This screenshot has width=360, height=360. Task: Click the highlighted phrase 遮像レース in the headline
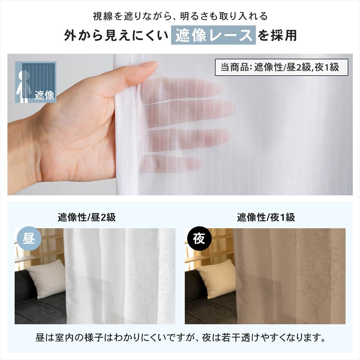[x=213, y=35]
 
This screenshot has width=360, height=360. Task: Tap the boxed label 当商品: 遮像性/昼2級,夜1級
[x=282, y=67]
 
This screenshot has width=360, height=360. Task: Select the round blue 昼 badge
[x=29, y=239]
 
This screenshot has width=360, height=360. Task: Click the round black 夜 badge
[x=199, y=239]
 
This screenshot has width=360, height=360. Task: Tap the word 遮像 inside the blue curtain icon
[x=44, y=95]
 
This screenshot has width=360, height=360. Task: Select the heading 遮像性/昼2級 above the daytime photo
[x=87, y=217]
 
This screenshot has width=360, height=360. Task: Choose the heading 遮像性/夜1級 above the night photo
[x=266, y=217]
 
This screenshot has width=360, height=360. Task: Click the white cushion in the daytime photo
[x=46, y=278]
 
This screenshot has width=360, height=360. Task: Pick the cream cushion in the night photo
[x=216, y=278]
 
